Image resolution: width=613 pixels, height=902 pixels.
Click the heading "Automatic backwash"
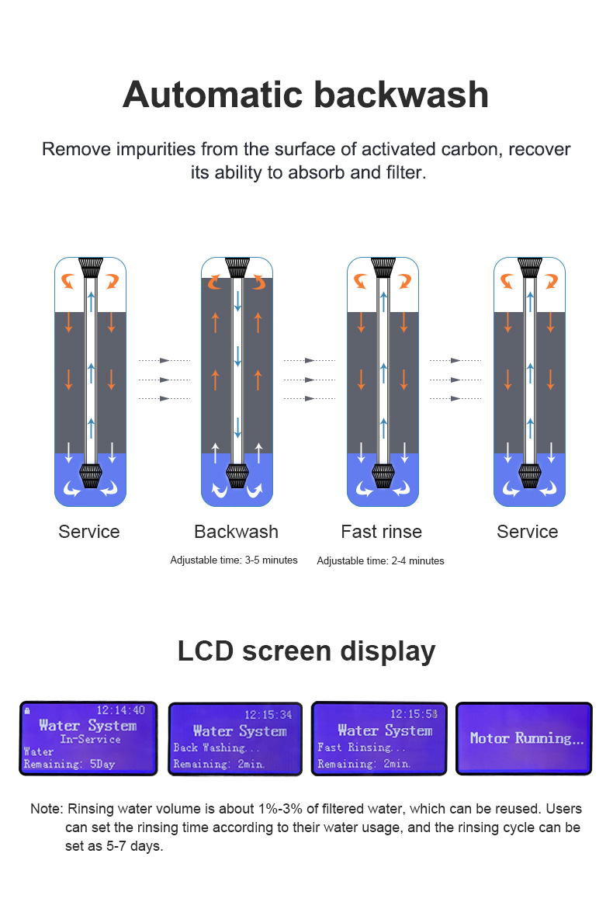tap(306, 95)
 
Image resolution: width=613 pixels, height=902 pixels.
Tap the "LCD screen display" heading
tap(306, 650)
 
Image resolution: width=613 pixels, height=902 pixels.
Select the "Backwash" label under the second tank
tap(236, 532)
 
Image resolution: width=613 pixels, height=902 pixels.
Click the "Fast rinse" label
tap(381, 532)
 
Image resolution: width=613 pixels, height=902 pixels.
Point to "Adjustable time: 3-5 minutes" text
tap(234, 560)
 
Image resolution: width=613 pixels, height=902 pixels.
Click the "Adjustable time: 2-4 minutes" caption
tap(380, 560)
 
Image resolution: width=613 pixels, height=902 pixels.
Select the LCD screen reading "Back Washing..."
tap(236, 739)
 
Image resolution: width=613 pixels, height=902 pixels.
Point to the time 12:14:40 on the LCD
tap(119, 710)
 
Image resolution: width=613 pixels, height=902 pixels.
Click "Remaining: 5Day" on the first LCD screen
tap(69, 764)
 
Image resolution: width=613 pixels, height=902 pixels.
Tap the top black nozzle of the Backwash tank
tap(237, 269)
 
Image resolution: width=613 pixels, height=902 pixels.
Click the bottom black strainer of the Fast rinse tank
tap(383, 475)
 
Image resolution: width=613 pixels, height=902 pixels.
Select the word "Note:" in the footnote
tap(46, 809)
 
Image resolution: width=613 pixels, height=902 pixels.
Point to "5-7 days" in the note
tap(137, 846)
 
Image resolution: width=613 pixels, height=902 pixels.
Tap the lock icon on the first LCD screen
tap(27, 710)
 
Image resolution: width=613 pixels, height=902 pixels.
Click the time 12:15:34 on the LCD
tap(268, 714)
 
